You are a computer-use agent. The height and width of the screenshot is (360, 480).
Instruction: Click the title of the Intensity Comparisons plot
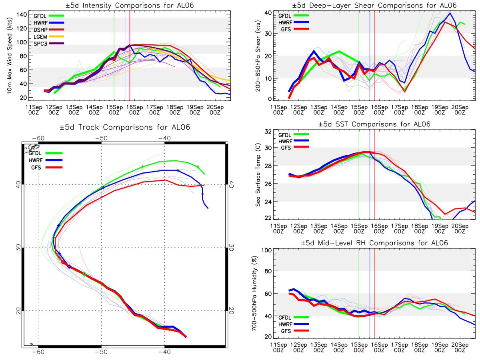click(130, 5)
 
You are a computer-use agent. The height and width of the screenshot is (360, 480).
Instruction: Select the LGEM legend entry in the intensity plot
click(49, 37)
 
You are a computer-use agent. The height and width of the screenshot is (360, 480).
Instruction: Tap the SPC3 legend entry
click(49, 44)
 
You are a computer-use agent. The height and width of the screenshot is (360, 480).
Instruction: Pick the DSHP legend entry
click(49, 30)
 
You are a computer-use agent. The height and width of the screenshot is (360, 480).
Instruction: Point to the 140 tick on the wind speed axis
click(22, 15)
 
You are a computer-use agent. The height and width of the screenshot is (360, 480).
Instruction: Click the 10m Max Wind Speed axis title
click(10, 56)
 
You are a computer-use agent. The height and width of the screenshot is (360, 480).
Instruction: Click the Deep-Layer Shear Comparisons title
click(374, 5)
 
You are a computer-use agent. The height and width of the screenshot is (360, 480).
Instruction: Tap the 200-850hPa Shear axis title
click(258, 56)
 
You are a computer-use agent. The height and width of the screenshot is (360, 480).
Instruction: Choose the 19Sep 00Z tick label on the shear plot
click(440, 110)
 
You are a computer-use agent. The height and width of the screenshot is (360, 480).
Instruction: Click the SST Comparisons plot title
click(374, 124)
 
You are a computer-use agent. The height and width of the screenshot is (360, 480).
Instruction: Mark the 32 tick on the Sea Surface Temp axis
click(268, 132)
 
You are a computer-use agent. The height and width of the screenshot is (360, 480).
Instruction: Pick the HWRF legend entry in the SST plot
click(294, 141)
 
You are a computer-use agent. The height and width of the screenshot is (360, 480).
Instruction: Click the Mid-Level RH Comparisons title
click(374, 243)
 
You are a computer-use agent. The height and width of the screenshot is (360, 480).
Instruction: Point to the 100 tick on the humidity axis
click(266, 250)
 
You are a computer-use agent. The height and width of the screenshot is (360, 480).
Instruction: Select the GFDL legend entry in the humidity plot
click(294, 317)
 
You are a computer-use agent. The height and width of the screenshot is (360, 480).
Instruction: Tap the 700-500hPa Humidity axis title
click(254, 293)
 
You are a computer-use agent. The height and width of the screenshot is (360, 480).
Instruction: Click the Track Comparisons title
click(125, 127)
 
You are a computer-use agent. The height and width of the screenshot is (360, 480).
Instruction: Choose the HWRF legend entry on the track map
click(46, 160)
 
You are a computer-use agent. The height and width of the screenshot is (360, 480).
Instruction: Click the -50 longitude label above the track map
click(102, 138)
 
